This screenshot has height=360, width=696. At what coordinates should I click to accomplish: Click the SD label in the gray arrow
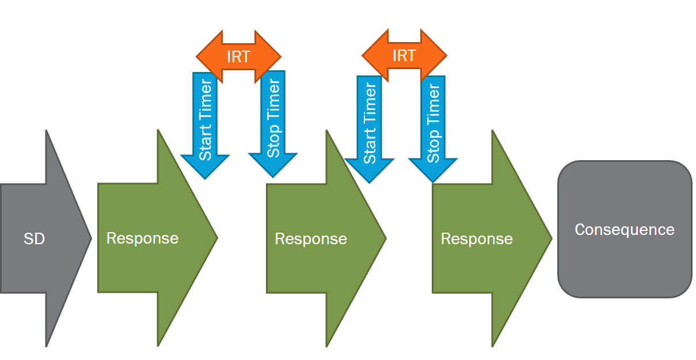34,238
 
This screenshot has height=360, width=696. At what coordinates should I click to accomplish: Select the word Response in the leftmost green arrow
142,238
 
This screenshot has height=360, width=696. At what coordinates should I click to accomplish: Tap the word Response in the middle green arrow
311,239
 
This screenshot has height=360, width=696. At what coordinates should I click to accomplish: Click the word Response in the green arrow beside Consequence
477,239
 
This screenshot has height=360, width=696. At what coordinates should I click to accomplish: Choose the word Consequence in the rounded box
625,230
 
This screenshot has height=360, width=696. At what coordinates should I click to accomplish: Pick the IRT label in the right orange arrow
404,56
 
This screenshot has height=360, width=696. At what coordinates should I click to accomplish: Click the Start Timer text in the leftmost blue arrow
206,120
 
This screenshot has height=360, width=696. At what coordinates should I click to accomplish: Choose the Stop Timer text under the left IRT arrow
273,119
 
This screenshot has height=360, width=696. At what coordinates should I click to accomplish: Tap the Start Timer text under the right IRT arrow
370,123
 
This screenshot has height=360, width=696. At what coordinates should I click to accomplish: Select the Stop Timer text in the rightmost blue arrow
433,123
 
